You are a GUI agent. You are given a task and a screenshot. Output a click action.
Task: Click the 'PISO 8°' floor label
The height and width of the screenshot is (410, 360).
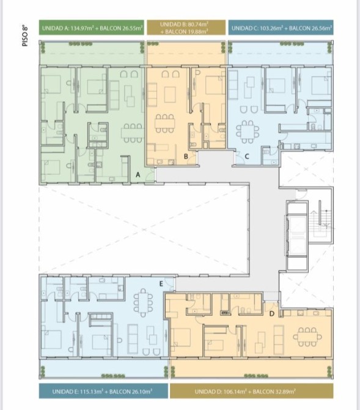click(25, 36)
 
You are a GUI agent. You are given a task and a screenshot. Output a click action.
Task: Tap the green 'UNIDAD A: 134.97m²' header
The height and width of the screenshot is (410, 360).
click(92, 28)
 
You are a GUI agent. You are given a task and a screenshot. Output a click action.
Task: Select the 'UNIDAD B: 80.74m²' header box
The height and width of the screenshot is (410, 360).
click(186, 28)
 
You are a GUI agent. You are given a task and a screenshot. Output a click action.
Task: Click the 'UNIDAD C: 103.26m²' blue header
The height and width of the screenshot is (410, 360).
click(281, 28)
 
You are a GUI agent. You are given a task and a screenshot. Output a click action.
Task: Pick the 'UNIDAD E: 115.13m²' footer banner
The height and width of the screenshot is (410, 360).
click(103, 391)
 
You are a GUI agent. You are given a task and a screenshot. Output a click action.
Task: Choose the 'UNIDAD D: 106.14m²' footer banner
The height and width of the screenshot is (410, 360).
click(252, 391)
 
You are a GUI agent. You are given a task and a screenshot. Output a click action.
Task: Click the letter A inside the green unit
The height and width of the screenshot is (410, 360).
click(138, 174)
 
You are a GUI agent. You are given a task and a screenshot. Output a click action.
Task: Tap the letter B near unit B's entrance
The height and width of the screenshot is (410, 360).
click(186, 157)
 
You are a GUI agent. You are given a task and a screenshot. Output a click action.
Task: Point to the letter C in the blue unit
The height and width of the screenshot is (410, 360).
click(247, 157)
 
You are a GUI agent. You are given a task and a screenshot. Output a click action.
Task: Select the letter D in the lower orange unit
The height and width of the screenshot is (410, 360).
click(272, 313)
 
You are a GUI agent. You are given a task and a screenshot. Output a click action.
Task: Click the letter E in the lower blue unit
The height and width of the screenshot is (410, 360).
click(161, 284)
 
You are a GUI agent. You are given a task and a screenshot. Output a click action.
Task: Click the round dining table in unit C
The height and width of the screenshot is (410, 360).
click(248, 132)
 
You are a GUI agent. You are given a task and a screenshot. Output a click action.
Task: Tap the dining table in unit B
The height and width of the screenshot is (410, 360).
click(164, 123)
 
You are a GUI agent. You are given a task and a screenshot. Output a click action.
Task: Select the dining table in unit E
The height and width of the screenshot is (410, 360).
click(143, 302)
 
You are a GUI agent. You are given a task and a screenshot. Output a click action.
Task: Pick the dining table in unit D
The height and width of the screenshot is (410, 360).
click(307, 337)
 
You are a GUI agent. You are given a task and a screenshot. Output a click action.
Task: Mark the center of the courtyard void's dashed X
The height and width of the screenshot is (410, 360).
click(144, 229)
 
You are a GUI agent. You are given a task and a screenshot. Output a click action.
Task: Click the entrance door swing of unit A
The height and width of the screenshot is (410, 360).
click(150, 174)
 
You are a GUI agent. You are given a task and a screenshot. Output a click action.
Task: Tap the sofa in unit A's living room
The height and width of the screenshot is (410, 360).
click(114, 95)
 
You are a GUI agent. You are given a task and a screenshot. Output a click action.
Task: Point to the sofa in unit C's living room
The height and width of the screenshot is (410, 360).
click(233, 84)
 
